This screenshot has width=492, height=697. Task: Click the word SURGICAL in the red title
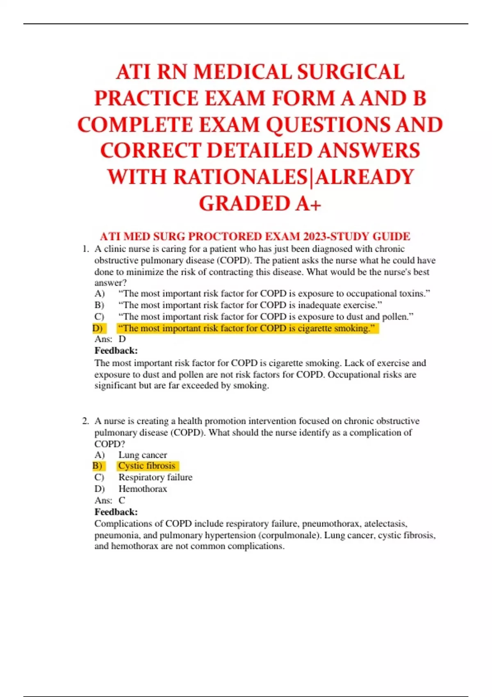point(351,72)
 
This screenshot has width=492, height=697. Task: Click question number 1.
point(85,249)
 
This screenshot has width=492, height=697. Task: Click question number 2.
point(85,421)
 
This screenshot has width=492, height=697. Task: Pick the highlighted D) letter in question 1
point(98,328)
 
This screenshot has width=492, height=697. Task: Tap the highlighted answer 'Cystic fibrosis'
point(147,466)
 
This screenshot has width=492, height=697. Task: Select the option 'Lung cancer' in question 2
point(143,455)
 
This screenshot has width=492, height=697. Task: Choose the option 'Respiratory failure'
point(155,477)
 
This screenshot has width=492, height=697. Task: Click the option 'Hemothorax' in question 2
point(143,489)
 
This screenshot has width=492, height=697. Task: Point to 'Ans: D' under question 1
point(110,339)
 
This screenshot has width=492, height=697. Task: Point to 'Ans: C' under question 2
point(110,500)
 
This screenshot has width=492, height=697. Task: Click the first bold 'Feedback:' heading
point(116,351)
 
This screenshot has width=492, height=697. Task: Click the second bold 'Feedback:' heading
point(116,512)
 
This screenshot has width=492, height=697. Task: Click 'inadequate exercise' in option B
point(339,305)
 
